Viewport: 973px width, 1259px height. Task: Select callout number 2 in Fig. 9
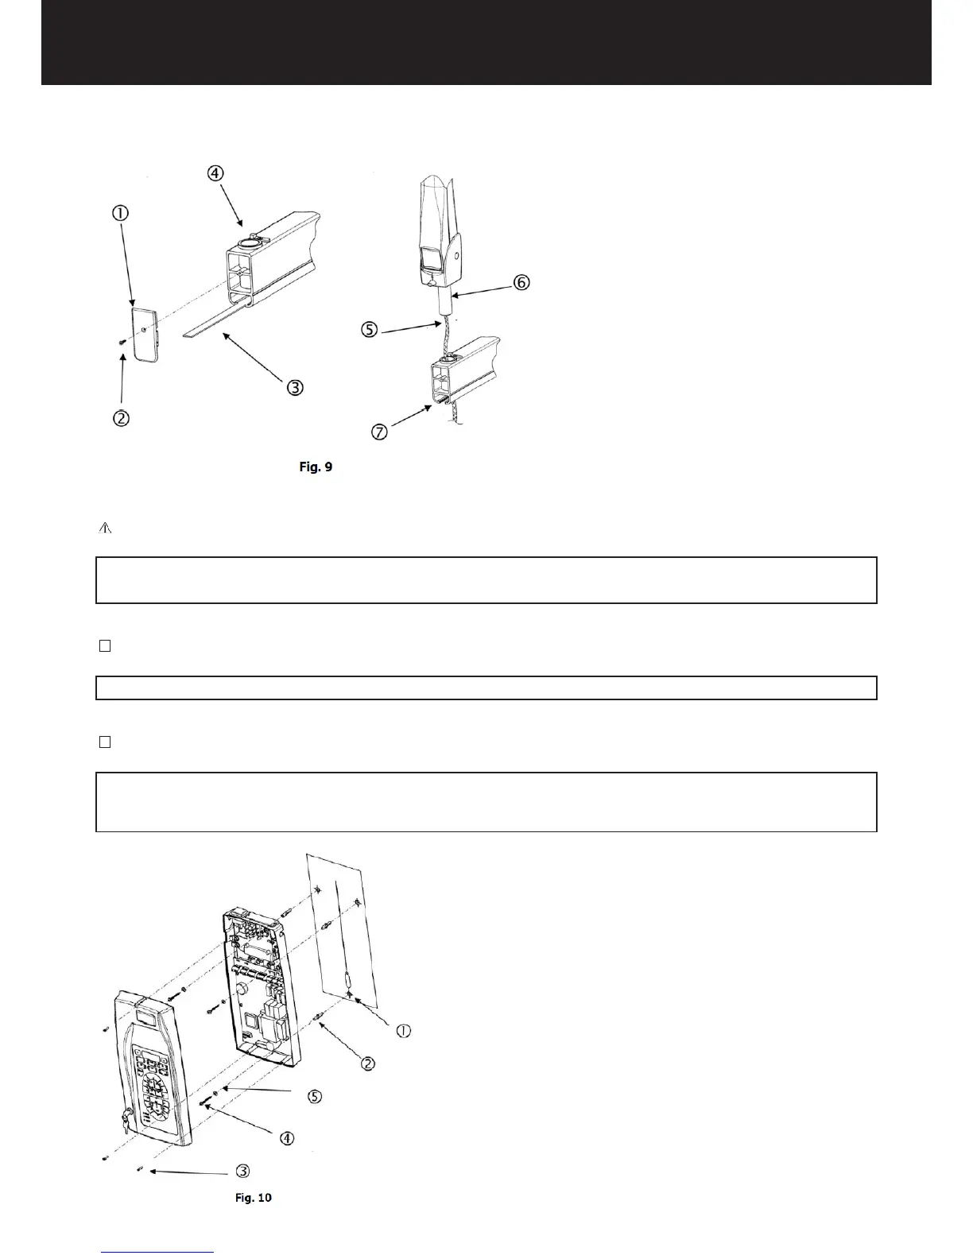[x=121, y=419]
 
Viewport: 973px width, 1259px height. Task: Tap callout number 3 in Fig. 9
[x=295, y=388]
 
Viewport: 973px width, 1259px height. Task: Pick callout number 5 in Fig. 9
[x=369, y=330]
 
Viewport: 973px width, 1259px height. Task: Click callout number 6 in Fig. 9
[x=521, y=282]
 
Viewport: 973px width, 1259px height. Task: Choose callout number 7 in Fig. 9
[x=381, y=433]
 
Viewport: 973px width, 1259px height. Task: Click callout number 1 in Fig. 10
[x=403, y=1031]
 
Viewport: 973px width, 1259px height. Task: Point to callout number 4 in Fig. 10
[x=287, y=1138]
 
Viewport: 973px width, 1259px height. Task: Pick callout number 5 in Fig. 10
[x=315, y=1097]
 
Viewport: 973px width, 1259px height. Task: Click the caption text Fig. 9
[x=316, y=467]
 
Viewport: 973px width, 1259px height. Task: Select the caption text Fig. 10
[x=254, y=1197]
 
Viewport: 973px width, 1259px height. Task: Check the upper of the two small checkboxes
[x=104, y=646]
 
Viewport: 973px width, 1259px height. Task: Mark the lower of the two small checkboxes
[x=104, y=742]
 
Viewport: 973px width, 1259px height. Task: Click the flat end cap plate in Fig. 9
[x=145, y=334]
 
